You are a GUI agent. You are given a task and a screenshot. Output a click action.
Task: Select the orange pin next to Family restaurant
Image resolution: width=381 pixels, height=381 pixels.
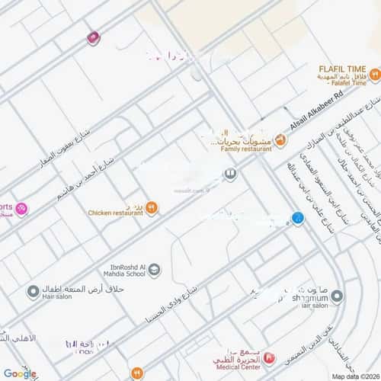[x=280, y=139]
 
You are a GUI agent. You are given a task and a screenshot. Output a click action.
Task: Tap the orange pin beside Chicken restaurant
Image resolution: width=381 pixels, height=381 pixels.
[x=152, y=207]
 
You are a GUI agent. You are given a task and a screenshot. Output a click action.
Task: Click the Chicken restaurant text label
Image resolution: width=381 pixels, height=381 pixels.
[x=115, y=213]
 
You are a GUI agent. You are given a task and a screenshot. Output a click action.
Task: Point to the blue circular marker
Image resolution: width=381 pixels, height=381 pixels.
[x=299, y=218]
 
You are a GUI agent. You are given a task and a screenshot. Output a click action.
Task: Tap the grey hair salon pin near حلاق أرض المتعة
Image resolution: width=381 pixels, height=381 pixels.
[x=33, y=291]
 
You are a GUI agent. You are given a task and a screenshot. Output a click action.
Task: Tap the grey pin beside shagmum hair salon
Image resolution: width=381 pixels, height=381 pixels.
[x=336, y=296]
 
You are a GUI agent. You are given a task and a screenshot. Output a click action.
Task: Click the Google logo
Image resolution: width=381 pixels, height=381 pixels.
[x=20, y=373]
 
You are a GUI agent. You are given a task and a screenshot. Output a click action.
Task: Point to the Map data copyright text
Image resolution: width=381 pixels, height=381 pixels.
[x=354, y=376]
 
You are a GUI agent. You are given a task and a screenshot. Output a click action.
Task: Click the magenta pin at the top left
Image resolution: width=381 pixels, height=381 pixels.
[x=93, y=37]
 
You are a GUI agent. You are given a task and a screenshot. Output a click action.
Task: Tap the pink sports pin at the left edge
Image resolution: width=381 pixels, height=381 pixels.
[x=21, y=208]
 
